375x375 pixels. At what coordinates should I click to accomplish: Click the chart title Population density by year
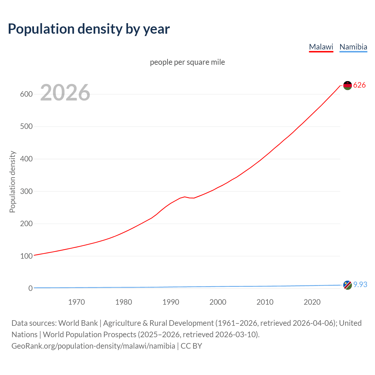pyautogui.click(x=89, y=29)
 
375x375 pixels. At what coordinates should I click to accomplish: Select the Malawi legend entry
pyautogui.click(x=321, y=47)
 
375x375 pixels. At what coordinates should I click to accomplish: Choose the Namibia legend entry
pyautogui.click(x=353, y=47)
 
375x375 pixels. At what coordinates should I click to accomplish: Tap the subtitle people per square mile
pyautogui.click(x=187, y=62)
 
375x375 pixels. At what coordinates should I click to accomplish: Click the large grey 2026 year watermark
pyautogui.click(x=65, y=93)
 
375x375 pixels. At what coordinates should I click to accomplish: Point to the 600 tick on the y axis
pyautogui.click(x=26, y=94)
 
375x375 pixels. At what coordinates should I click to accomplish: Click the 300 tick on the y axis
pyautogui.click(x=26, y=191)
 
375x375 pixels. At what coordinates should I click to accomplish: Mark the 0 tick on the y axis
pyautogui.click(x=30, y=288)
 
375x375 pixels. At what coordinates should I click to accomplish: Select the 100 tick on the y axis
pyautogui.click(x=26, y=256)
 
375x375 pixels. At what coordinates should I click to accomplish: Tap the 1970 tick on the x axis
pyautogui.click(x=76, y=302)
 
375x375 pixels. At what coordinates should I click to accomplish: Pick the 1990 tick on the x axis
pyautogui.click(x=171, y=302)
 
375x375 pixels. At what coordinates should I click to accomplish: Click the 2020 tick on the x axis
pyautogui.click(x=312, y=302)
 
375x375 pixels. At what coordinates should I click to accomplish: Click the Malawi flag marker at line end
pyautogui.click(x=347, y=86)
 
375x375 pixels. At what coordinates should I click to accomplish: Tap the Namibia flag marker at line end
pyautogui.click(x=347, y=285)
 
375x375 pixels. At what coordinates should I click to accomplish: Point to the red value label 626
pyautogui.click(x=359, y=85)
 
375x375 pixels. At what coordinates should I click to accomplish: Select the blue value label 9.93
pyautogui.click(x=360, y=284)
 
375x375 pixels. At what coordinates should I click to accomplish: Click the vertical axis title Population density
pyautogui.click(x=12, y=182)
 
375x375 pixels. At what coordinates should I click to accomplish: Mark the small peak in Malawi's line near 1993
pyautogui.click(x=185, y=197)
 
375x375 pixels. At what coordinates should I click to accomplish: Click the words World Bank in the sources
pyautogui.click(x=78, y=323)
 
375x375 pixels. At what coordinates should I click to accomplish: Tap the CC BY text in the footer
pyautogui.click(x=191, y=346)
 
